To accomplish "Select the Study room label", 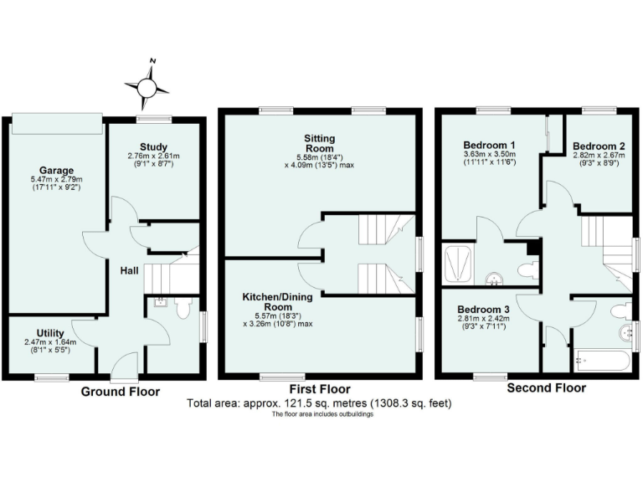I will (x=154, y=146).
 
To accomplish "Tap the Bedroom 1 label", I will (x=489, y=145).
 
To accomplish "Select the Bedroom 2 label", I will (x=599, y=145).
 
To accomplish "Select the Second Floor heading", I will (x=546, y=388).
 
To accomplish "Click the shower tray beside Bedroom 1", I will (x=457, y=264).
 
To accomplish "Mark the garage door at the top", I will (x=58, y=123).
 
